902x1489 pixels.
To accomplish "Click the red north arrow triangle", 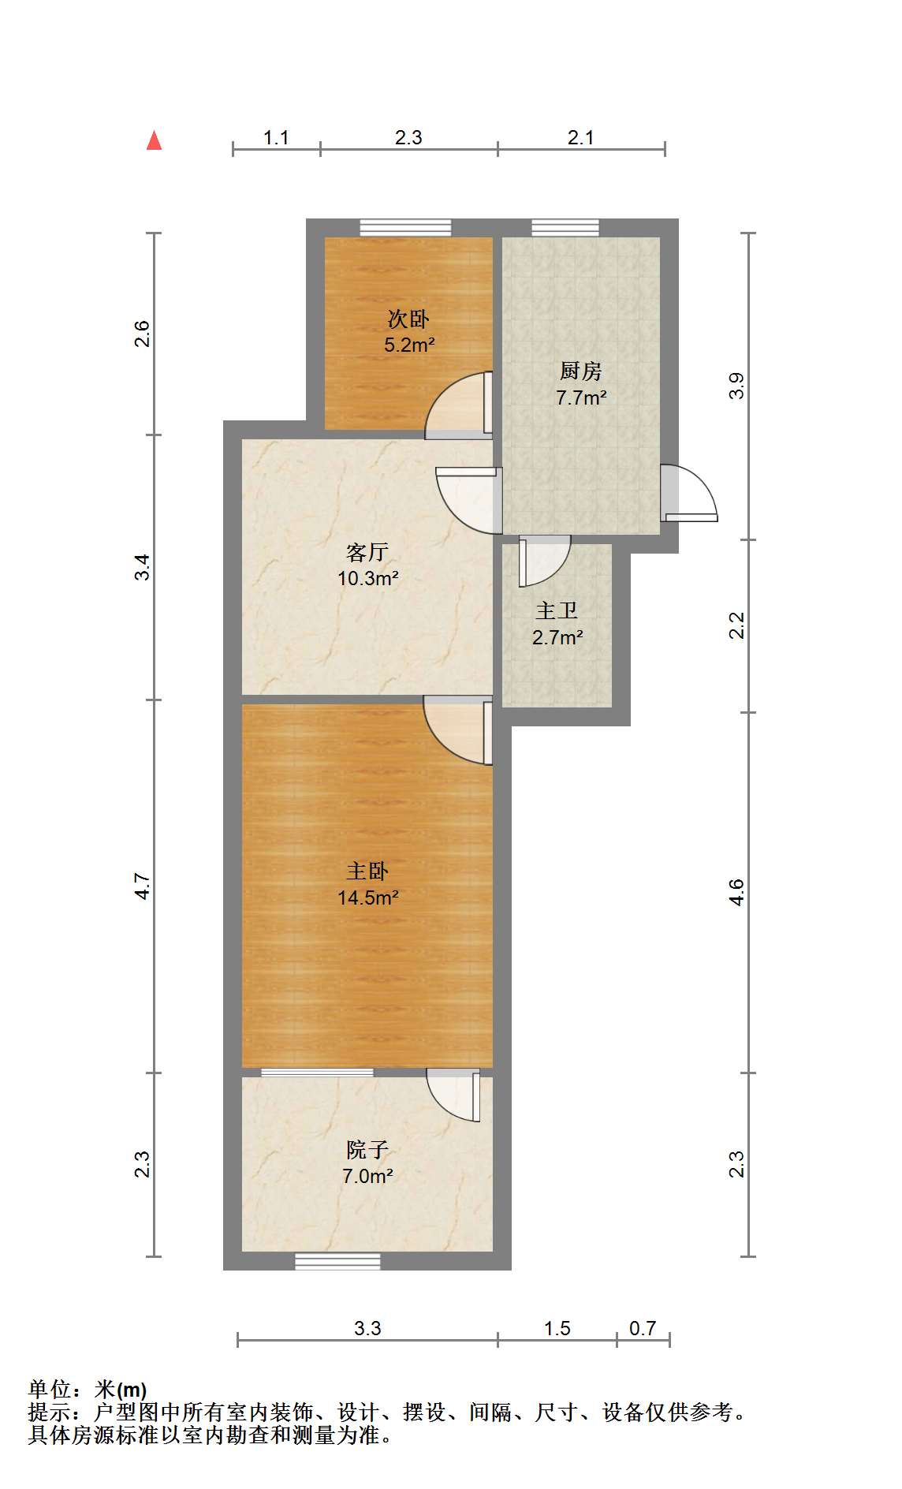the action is click(x=155, y=141).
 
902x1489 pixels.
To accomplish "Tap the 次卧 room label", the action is click(x=408, y=319).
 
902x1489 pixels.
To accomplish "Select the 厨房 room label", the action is click(x=581, y=371).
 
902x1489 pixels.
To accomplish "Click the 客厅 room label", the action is click(x=367, y=552).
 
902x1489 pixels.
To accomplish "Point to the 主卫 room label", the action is click(x=557, y=611).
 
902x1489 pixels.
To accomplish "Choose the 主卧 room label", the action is click(x=367, y=871).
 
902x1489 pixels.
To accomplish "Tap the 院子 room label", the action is click(x=367, y=1150).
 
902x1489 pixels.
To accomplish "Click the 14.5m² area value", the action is click(x=368, y=898).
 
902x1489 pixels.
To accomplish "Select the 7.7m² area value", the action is click(x=581, y=397).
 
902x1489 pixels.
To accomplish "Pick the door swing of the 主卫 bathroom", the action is click(x=544, y=561).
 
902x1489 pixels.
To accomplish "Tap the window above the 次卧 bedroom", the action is click(x=406, y=228).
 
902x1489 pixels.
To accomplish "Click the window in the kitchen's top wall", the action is click(x=565, y=228).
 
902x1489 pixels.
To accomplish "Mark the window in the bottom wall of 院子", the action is click(x=338, y=1262).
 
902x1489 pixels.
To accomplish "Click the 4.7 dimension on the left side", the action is click(x=142, y=886).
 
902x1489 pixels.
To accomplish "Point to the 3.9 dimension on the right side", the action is click(x=736, y=386).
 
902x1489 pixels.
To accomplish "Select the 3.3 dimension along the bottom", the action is click(x=367, y=1329).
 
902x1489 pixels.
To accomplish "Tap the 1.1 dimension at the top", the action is click(x=276, y=138).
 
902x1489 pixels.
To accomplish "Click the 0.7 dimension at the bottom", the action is click(x=643, y=1329).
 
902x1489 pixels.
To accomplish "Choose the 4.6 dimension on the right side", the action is click(x=736, y=892).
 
